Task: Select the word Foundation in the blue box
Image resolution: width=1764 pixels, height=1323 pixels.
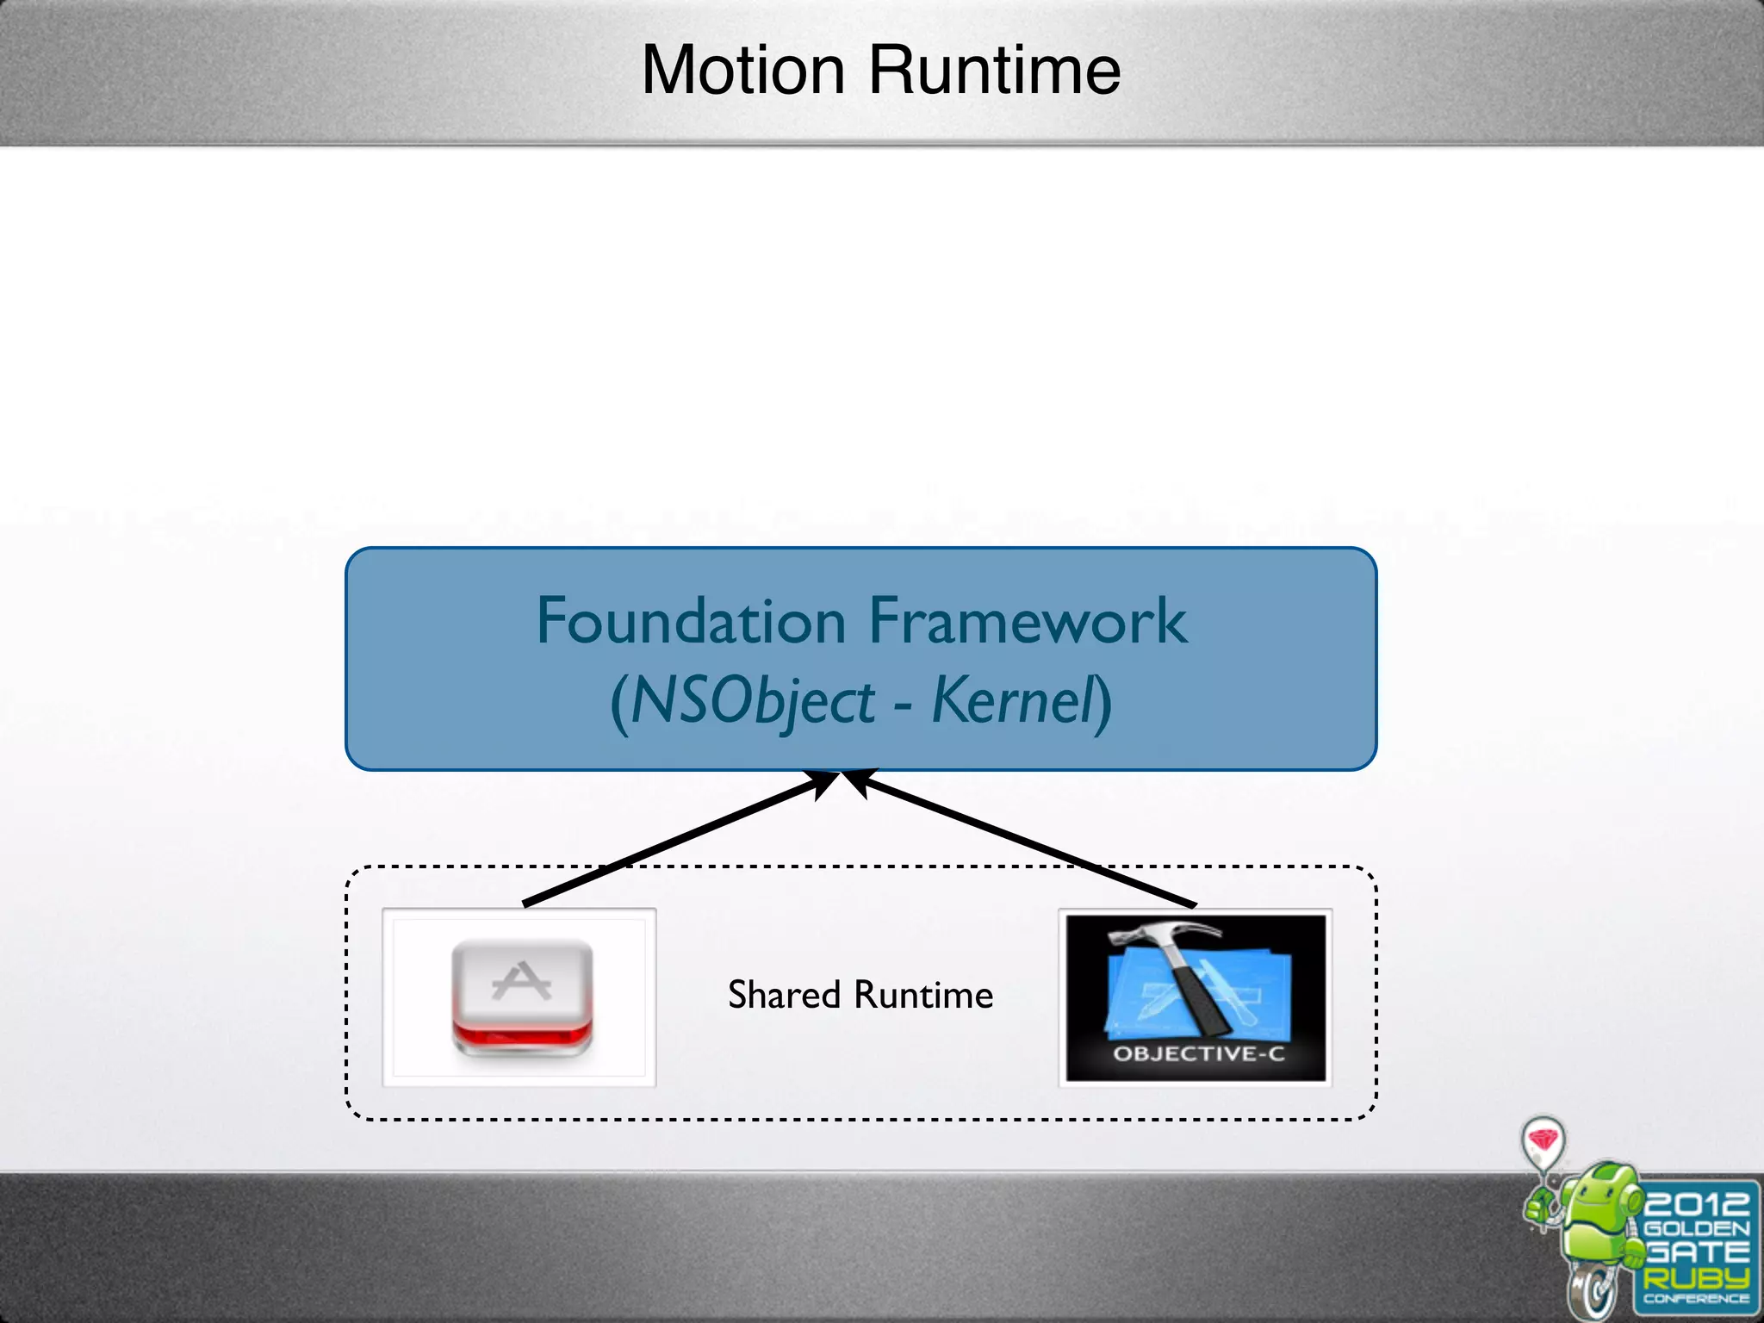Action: click(691, 621)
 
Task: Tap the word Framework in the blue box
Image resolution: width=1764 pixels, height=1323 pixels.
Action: click(1027, 621)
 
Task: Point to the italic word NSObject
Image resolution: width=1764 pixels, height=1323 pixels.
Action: click(753, 702)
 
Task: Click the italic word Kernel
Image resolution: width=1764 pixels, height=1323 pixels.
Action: click(1012, 700)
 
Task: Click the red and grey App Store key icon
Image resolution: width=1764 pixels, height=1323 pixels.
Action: click(522, 997)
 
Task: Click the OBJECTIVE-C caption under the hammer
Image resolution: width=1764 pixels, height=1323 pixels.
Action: click(1198, 1053)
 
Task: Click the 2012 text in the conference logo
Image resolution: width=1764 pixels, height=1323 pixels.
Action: click(1696, 1203)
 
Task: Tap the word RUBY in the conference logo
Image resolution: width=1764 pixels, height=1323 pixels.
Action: click(1696, 1277)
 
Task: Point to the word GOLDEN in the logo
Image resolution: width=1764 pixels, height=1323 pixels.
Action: click(1696, 1228)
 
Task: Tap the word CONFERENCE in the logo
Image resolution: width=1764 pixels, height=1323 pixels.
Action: click(1696, 1299)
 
